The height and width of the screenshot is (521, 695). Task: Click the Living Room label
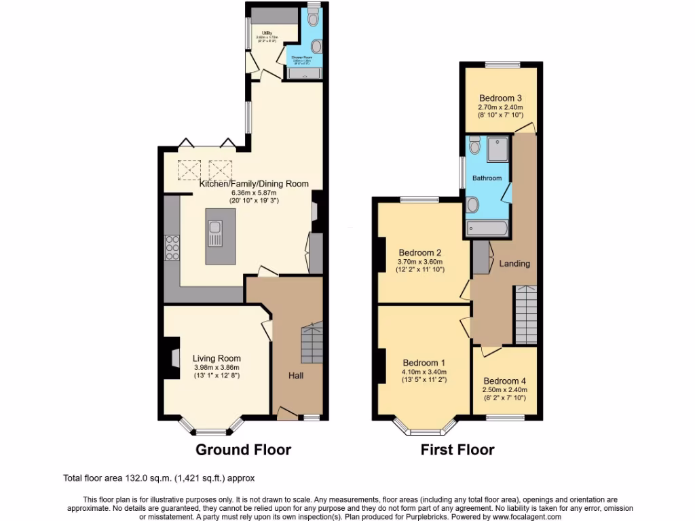coord(216,358)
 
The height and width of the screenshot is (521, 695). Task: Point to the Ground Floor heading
coord(243,450)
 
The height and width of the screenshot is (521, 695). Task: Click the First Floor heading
coord(457,450)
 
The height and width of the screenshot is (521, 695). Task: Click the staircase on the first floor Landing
coord(525,313)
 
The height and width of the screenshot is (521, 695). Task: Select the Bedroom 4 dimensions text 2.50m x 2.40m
coord(504,390)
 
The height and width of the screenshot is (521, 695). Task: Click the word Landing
coord(514,263)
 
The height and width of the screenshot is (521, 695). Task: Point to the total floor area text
coord(159,478)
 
